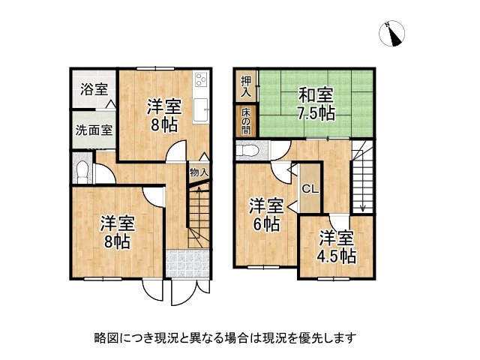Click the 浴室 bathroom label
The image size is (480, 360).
94,88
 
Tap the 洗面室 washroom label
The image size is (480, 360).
94,129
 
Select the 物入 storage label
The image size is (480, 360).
199,172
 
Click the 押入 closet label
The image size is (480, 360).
245,86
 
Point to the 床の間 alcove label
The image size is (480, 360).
245,121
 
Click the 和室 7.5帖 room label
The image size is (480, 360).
316,104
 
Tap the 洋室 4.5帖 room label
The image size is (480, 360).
337,247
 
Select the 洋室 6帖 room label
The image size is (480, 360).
266,214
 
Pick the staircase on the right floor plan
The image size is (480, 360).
362,179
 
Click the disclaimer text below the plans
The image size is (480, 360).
225,337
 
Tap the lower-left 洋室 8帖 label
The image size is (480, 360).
117,232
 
